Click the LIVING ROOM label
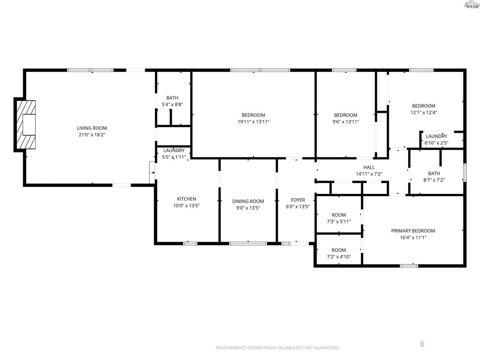[x=92, y=128]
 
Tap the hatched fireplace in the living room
[x=26, y=124]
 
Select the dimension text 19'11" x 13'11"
[x=253, y=122]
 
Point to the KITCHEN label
[x=186, y=199]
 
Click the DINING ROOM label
[x=248, y=201]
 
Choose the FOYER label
[x=298, y=200]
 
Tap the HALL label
[x=369, y=167]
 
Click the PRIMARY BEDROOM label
[x=413, y=231]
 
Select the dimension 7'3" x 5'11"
[x=339, y=222]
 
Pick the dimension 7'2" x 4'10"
[x=339, y=257]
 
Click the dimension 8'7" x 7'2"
[x=434, y=180]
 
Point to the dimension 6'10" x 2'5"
[x=436, y=143]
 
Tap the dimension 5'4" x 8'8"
[x=172, y=105]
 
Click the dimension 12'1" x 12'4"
[x=424, y=112]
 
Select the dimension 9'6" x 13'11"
[x=346, y=122]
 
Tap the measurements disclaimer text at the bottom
[x=278, y=348]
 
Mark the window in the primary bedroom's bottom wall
[x=409, y=266]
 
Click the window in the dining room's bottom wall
[x=248, y=243]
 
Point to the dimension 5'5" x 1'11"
[x=174, y=157]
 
